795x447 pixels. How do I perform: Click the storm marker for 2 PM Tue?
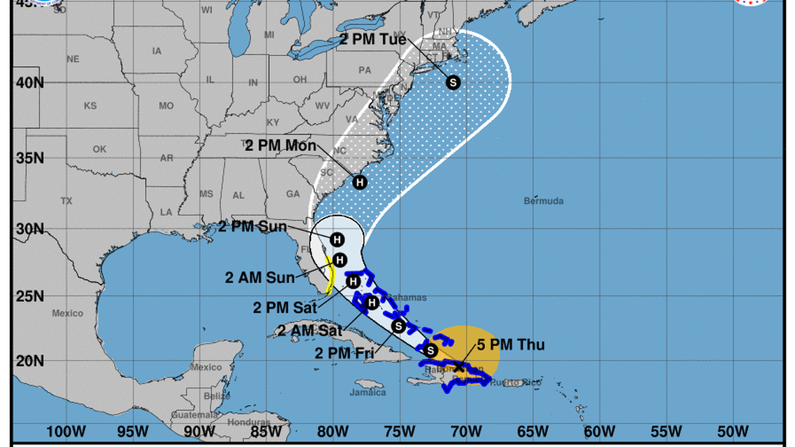453,82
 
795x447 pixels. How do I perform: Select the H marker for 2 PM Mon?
359,182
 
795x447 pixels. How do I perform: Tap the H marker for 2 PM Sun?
337,239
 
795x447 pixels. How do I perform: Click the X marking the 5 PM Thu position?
459,366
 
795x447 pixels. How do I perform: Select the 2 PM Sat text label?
285,306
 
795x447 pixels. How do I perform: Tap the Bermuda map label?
543,201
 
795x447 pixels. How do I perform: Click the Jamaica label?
368,393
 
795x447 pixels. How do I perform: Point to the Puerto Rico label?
521,381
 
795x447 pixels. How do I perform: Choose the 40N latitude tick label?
30,82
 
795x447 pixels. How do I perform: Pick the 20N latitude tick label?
30,361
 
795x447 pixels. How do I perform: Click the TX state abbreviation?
66,201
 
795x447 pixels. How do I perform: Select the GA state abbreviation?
293,194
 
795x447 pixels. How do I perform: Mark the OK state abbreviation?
100,149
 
